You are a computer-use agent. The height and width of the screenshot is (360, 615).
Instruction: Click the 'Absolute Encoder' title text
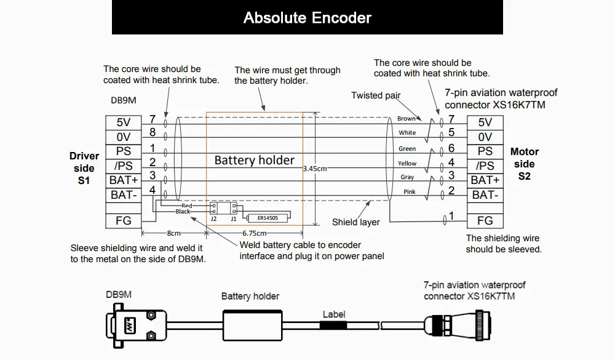[307, 18]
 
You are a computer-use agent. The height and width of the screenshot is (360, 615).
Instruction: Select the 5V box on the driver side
[124, 122]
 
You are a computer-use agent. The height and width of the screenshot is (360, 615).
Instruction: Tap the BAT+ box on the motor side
[485, 180]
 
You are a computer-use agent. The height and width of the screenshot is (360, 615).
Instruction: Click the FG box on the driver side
[124, 221]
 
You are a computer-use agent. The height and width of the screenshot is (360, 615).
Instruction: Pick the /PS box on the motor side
[485, 166]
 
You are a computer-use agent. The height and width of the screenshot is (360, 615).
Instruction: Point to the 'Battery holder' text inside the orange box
[254, 160]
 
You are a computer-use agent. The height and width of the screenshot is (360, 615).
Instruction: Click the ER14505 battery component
[268, 218]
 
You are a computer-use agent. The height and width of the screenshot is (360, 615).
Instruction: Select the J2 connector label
[213, 218]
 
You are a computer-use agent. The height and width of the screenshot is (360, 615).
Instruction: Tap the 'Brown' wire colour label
[407, 119]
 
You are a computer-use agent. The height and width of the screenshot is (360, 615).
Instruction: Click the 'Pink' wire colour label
[409, 191]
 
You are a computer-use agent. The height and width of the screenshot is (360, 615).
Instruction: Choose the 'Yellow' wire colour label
[407, 163]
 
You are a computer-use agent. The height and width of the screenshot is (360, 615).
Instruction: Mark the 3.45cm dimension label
[315, 169]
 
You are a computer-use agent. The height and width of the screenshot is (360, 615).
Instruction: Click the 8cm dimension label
[174, 233]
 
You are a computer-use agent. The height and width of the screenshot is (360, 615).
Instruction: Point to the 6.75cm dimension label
[255, 233]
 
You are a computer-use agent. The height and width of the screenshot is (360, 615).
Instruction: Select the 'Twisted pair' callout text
[376, 95]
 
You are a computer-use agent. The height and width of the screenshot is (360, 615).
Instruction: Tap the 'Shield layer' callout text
[355, 222]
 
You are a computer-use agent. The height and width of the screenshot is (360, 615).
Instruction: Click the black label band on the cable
[333, 325]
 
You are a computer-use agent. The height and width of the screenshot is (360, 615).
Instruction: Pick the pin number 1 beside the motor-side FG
[451, 216]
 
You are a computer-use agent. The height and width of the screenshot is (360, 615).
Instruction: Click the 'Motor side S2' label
[525, 164]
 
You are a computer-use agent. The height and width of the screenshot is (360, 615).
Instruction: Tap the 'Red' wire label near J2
[187, 206]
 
